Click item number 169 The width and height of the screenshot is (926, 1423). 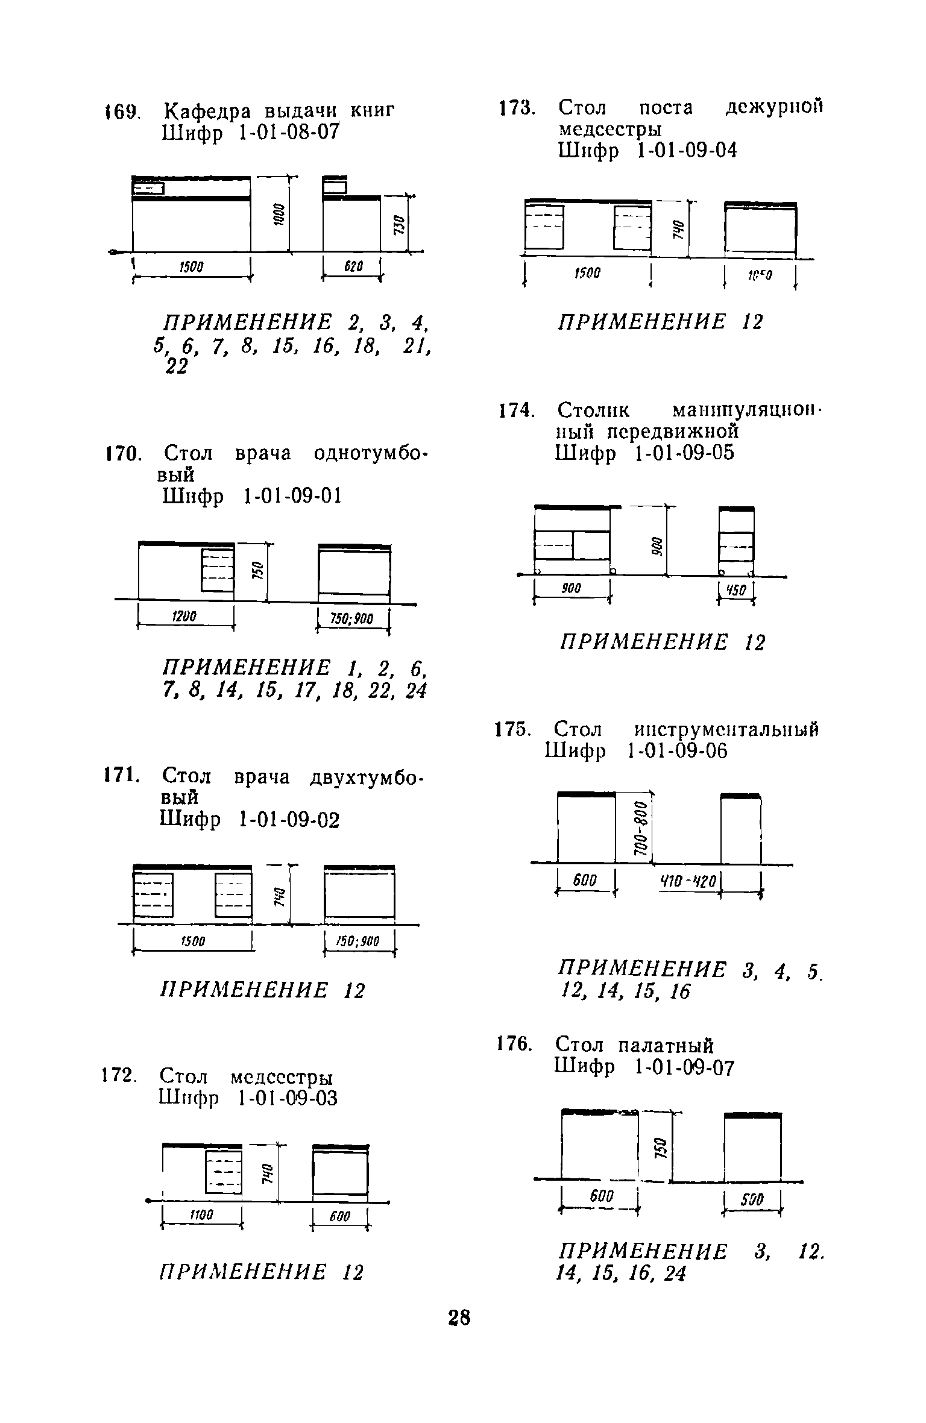123,113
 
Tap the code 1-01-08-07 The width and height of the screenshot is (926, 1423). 290,133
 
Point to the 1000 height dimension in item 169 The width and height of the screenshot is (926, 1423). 279,214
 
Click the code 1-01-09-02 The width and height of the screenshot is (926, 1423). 289,820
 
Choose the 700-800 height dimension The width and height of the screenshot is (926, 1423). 641,827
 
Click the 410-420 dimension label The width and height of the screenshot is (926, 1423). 688,881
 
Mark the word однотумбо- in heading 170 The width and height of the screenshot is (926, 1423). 370,453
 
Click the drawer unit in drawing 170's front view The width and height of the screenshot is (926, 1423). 217,570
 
